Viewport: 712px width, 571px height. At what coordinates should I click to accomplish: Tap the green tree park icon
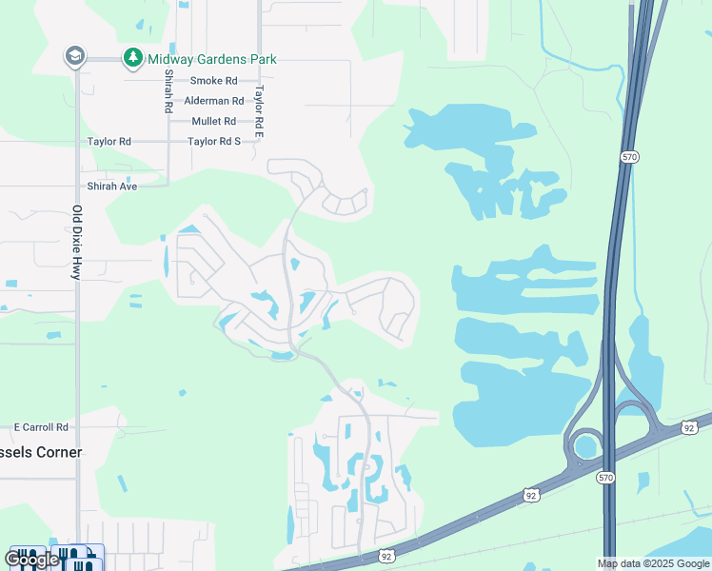point(132,58)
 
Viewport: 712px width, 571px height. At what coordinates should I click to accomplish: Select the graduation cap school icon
point(74,57)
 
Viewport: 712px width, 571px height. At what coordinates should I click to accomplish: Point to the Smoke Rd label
point(213,81)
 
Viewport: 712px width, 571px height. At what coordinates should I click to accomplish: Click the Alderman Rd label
point(213,101)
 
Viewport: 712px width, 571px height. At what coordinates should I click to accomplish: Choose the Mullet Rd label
point(213,121)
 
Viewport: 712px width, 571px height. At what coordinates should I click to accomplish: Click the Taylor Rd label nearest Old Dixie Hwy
point(109,141)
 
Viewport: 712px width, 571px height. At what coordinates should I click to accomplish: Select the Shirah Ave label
point(112,186)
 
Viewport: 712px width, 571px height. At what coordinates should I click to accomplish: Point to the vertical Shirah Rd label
point(168,91)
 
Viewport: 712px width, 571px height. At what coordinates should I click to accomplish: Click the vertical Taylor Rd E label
point(258,106)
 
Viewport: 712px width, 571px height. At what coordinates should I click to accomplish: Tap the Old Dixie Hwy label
point(77,242)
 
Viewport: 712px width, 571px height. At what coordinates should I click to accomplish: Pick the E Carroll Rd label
point(41,427)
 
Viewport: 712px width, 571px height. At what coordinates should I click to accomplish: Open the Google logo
point(32,559)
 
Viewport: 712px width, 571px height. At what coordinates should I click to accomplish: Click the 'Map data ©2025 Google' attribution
point(654,563)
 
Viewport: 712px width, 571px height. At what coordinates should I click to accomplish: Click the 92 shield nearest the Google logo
point(386,556)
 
